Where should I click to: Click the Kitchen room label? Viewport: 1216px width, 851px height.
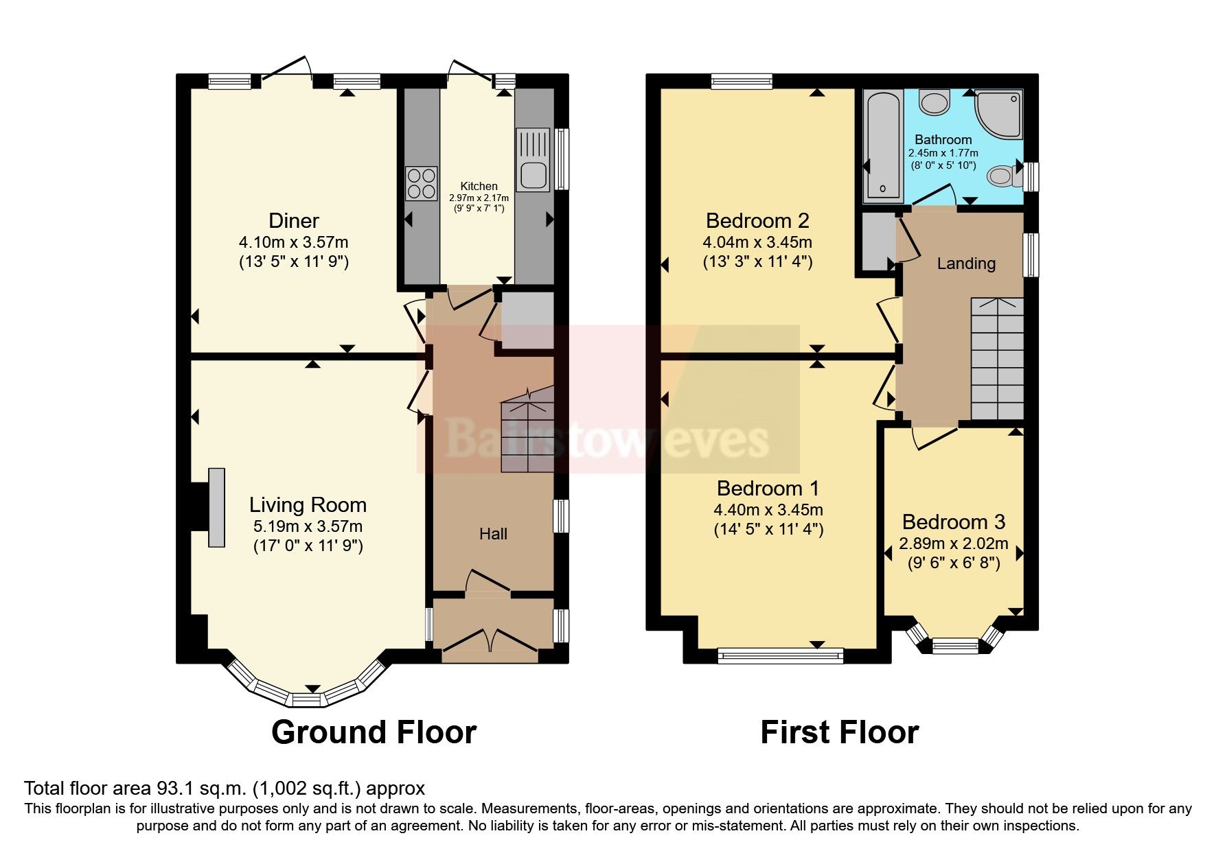point(479,186)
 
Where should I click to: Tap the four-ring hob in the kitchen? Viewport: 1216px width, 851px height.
point(421,183)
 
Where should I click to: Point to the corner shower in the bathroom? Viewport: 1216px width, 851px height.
point(999,113)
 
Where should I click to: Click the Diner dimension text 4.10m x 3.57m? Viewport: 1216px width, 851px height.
point(293,242)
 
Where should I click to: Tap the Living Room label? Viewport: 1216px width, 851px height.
point(308,505)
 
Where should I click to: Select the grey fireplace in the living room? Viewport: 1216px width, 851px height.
point(216,507)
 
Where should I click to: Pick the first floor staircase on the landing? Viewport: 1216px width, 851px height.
point(997,359)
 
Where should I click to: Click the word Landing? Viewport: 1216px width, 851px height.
point(966,264)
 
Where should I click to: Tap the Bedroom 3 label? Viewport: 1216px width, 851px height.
point(953,522)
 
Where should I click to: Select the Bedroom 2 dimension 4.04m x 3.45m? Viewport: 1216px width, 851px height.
point(757,242)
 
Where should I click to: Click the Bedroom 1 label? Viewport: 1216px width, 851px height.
point(768,489)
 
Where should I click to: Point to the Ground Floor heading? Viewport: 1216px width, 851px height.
point(374,732)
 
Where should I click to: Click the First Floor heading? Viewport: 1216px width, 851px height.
point(839,732)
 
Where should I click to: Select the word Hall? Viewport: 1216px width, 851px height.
point(493,534)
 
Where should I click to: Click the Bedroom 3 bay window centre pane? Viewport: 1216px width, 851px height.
point(955,645)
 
